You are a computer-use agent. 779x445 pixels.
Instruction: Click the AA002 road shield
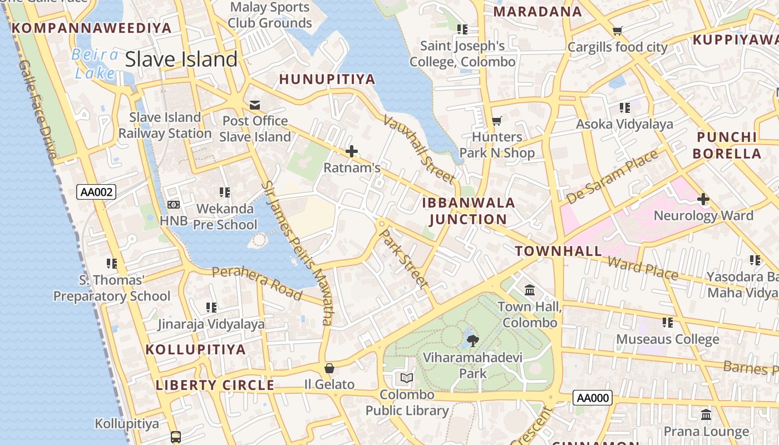click(x=96, y=192)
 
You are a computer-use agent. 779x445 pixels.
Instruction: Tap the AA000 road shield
click(x=593, y=398)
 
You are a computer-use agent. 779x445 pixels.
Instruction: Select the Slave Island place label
click(x=181, y=59)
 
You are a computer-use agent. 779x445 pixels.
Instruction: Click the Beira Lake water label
click(x=95, y=63)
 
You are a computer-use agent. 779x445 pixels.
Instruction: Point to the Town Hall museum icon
click(x=530, y=290)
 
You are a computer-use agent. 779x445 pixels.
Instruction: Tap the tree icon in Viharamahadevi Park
click(x=472, y=340)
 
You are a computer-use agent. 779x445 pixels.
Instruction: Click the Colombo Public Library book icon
click(x=407, y=378)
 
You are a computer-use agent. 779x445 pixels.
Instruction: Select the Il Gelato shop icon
click(x=329, y=368)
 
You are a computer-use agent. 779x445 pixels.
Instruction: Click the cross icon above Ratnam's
click(x=352, y=151)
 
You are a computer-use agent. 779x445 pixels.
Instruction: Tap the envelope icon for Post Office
click(x=255, y=105)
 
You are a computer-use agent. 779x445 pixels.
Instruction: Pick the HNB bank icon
click(x=174, y=205)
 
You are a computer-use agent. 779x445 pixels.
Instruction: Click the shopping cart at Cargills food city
click(x=617, y=31)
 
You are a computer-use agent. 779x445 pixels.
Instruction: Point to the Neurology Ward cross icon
click(x=703, y=199)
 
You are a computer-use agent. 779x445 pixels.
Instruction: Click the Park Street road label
click(x=403, y=258)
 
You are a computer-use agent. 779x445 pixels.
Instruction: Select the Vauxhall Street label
click(x=418, y=149)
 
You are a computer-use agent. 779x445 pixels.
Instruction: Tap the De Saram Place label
click(x=612, y=176)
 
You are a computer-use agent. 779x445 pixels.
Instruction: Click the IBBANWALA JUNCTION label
click(x=469, y=211)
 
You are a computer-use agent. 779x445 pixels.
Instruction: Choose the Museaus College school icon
click(x=667, y=323)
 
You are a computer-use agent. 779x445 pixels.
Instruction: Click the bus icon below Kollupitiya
click(x=176, y=437)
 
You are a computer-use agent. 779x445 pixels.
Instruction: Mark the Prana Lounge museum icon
click(x=706, y=415)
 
